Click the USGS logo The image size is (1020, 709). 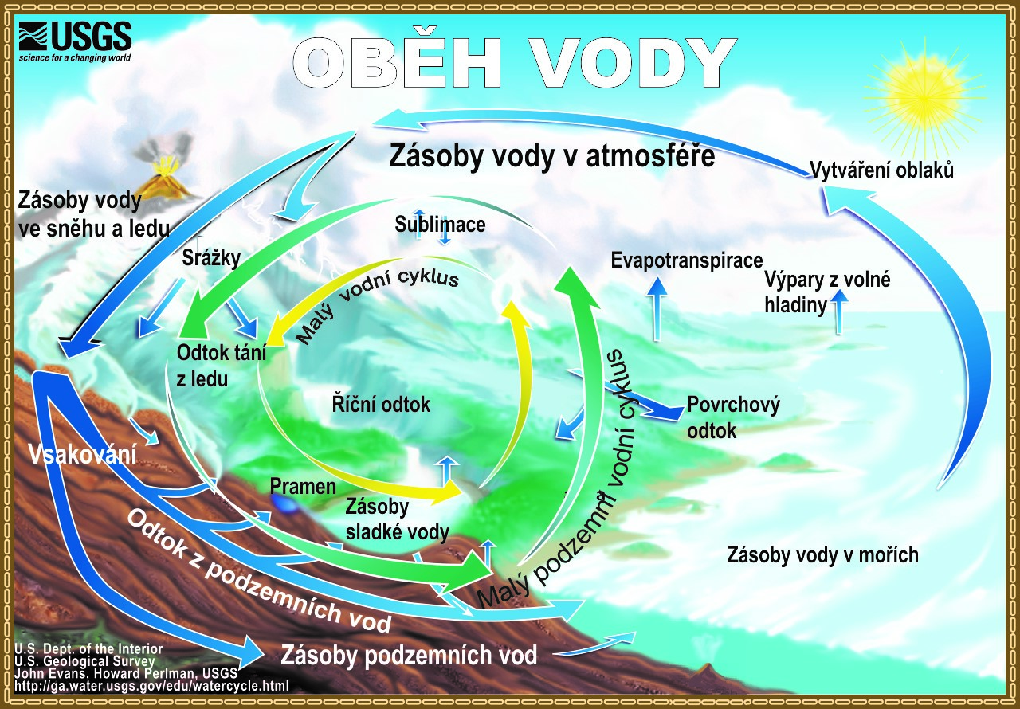(75, 41)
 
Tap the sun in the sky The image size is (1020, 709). (924, 98)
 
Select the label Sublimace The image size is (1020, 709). (440, 225)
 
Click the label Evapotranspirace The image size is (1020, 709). (686, 260)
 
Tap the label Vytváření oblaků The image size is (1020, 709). (881, 170)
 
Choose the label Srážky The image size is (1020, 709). (211, 258)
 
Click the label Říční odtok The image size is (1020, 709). (381, 404)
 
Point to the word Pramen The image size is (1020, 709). (303, 487)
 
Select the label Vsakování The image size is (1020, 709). (82, 454)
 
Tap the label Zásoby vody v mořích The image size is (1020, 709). (822, 555)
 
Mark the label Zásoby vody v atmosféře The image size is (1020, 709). (552, 156)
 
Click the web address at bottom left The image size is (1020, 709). (151, 686)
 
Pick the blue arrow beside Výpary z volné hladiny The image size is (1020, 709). (839, 311)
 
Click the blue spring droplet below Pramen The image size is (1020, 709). (284, 504)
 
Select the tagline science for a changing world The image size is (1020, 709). (75, 57)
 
